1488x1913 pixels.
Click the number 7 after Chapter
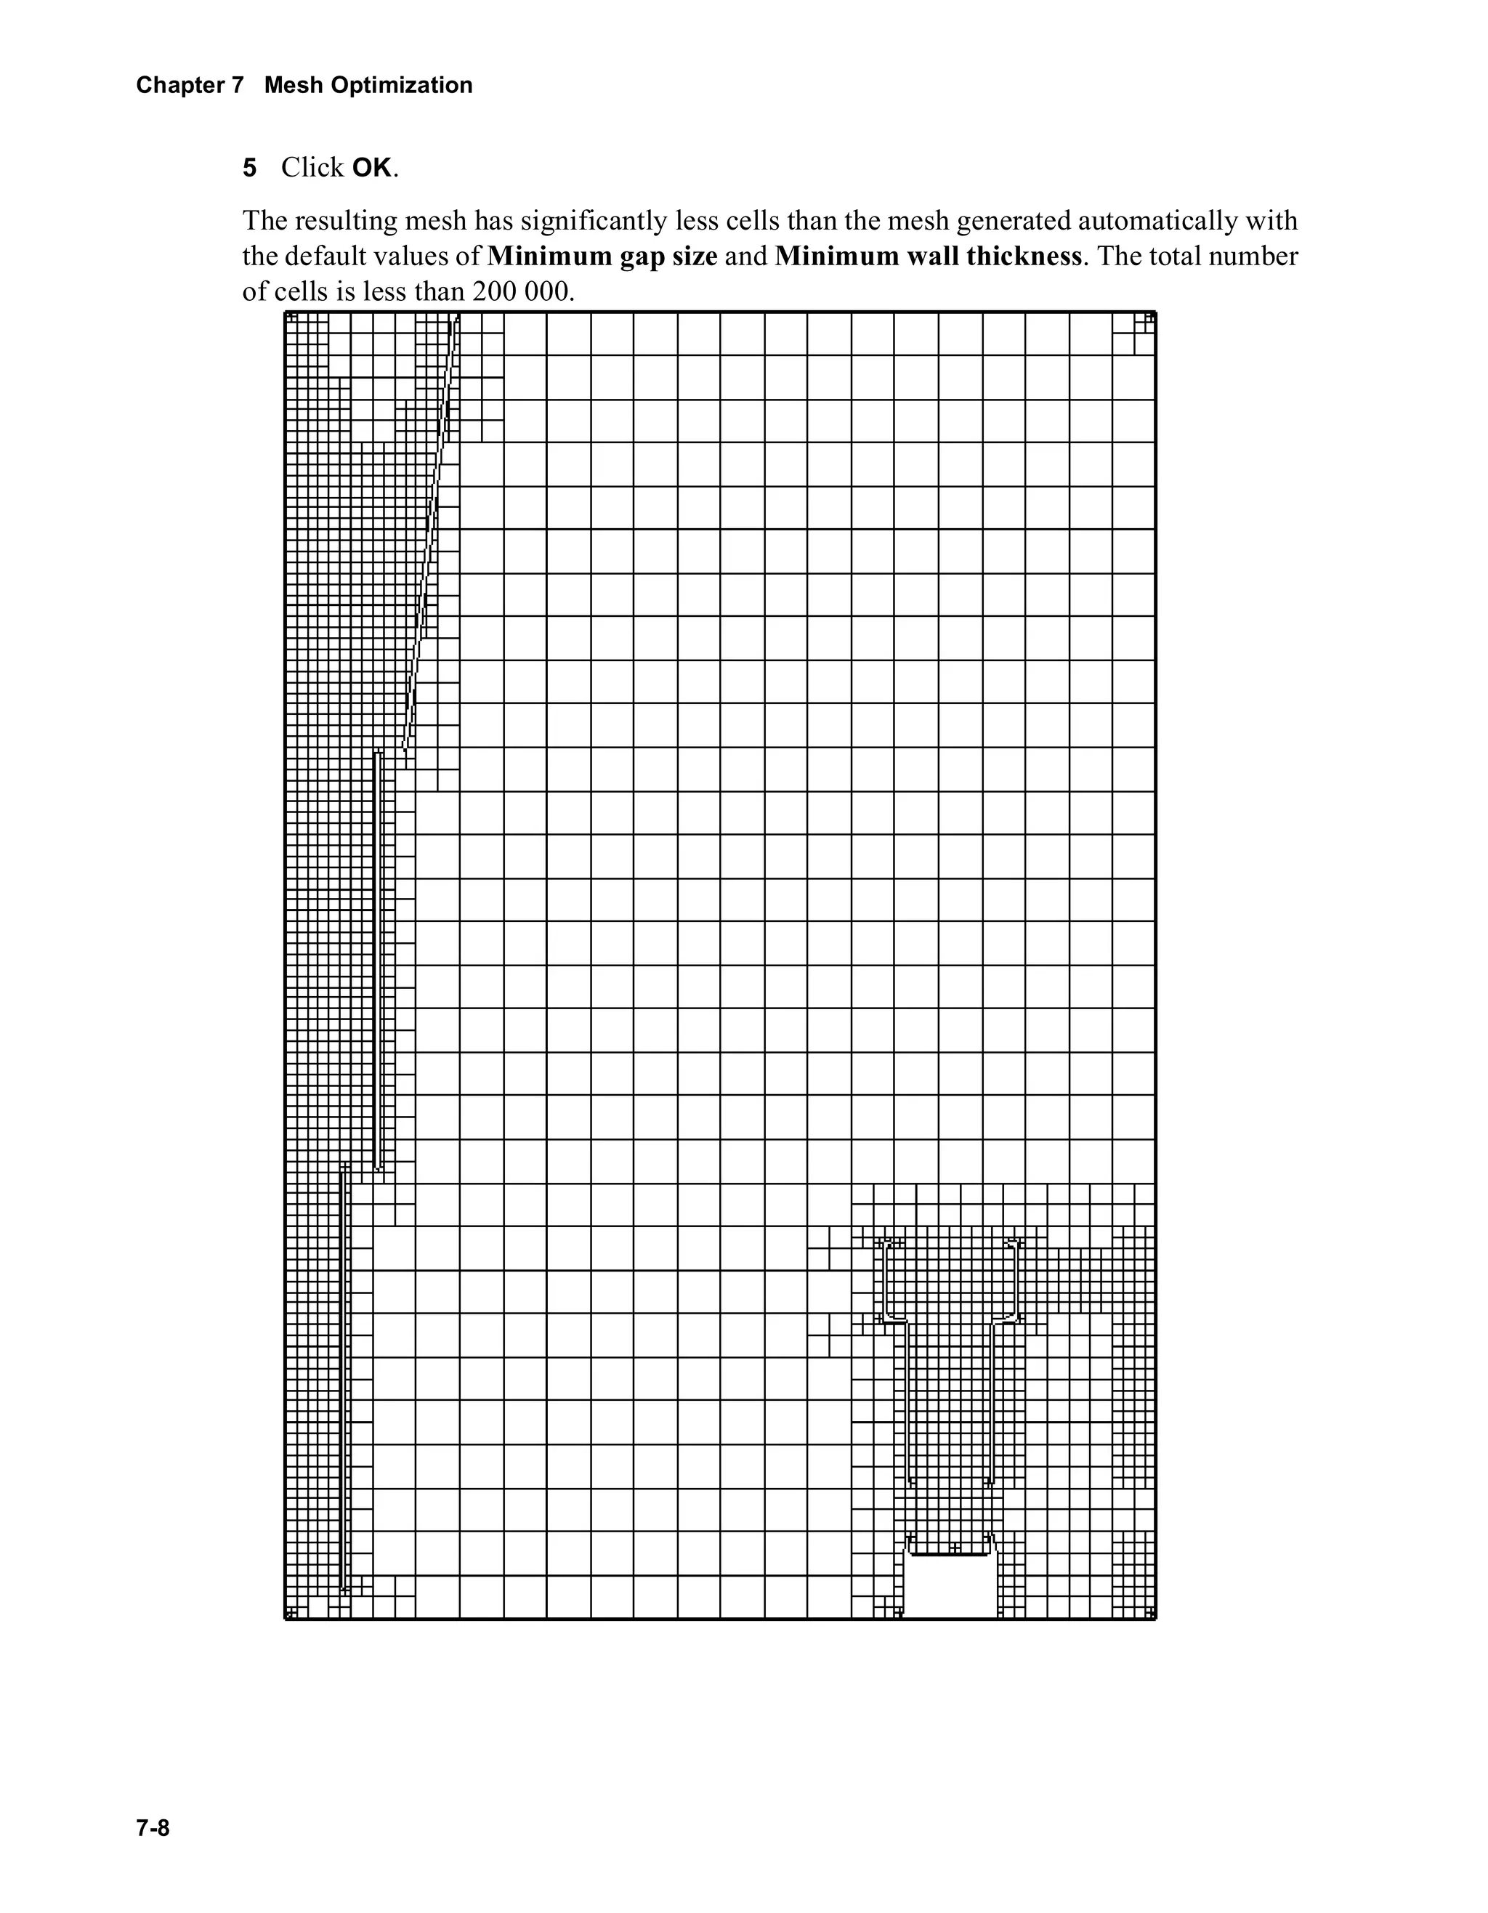pos(238,85)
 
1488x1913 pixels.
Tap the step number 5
pos(250,167)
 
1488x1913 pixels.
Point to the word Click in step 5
pos(312,167)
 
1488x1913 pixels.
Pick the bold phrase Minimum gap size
pos(602,256)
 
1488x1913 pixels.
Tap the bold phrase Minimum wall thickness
pos(928,256)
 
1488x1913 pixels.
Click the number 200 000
pos(523,291)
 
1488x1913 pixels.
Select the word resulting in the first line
pos(344,221)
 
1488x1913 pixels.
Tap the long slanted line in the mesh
pos(430,534)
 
